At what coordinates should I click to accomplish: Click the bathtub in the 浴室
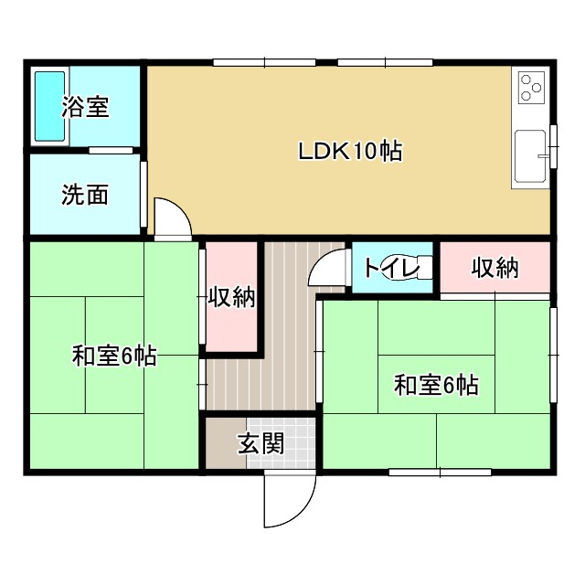(x=49, y=107)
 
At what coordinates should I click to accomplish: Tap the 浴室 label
(x=86, y=107)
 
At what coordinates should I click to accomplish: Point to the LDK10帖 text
(x=350, y=152)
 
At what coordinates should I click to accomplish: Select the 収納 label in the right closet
(x=495, y=268)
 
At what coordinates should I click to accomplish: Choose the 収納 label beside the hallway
(x=230, y=297)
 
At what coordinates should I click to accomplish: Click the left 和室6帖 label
(x=113, y=356)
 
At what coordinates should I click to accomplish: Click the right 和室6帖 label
(x=436, y=385)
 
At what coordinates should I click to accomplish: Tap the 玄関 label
(x=261, y=444)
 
